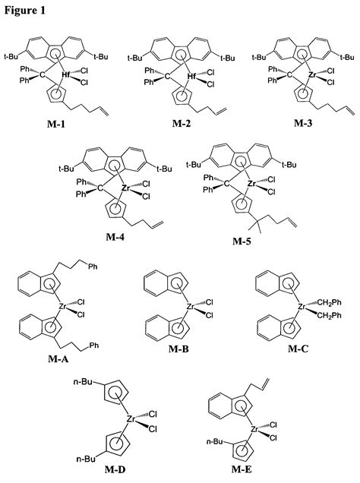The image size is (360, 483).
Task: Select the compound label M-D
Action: tap(114, 471)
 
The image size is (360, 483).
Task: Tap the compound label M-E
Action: tap(245, 471)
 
